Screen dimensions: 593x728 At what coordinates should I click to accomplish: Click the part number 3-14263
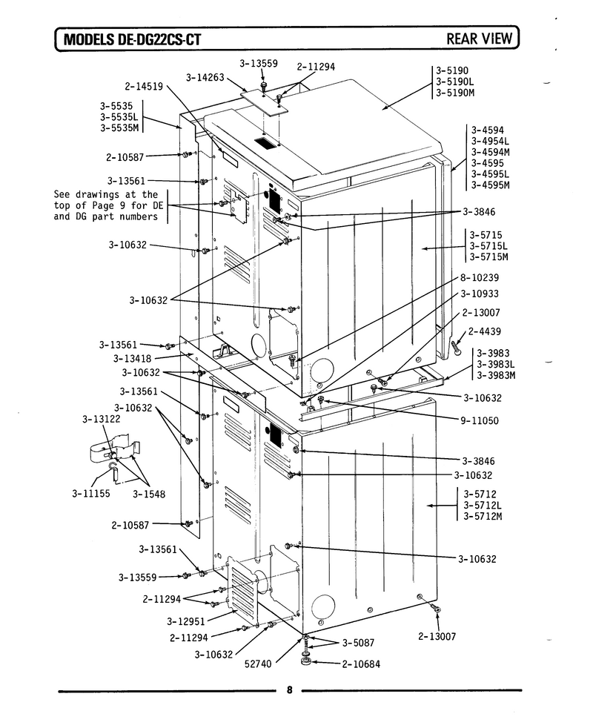[x=205, y=78]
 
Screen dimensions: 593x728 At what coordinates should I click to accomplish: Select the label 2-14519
[x=144, y=86]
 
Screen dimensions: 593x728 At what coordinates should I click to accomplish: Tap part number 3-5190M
[x=455, y=93]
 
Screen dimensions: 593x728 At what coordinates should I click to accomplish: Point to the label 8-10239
[x=480, y=278]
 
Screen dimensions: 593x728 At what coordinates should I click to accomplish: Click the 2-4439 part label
[x=484, y=331]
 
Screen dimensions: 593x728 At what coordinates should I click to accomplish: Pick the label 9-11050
[x=480, y=420]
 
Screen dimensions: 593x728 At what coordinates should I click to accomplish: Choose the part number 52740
[x=258, y=664]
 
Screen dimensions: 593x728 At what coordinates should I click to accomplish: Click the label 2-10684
[x=361, y=664]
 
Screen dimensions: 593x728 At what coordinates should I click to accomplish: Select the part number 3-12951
[x=186, y=621]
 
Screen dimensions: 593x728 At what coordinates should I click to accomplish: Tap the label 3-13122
[x=102, y=419]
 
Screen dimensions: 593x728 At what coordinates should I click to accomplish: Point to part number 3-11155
[x=91, y=494]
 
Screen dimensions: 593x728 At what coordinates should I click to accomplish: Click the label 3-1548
[x=148, y=494]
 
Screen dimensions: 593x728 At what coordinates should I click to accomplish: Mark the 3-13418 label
[x=133, y=358]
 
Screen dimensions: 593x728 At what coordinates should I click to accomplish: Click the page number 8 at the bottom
[x=290, y=690]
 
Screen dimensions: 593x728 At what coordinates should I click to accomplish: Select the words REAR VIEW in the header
[x=480, y=39]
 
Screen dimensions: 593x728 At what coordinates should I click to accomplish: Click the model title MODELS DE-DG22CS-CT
[x=132, y=39]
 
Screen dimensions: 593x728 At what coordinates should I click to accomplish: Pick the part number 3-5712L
[x=483, y=505]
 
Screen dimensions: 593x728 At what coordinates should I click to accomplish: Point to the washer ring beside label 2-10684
[x=306, y=661]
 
